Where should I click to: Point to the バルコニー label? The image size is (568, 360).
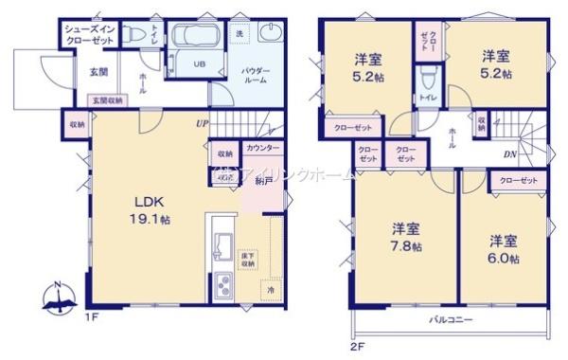[448, 320]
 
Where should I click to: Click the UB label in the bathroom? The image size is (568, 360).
[200, 64]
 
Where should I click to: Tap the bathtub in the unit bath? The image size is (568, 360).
[199, 43]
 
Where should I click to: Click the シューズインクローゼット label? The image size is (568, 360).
[91, 36]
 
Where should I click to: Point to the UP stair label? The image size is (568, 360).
[203, 123]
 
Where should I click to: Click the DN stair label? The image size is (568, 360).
[509, 154]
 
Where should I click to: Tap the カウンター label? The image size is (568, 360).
[262, 150]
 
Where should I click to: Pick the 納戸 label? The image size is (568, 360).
[261, 179]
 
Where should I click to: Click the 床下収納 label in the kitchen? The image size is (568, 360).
[247, 261]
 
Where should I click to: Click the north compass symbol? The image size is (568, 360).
[59, 297]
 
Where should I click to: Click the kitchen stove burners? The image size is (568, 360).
[222, 284]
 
